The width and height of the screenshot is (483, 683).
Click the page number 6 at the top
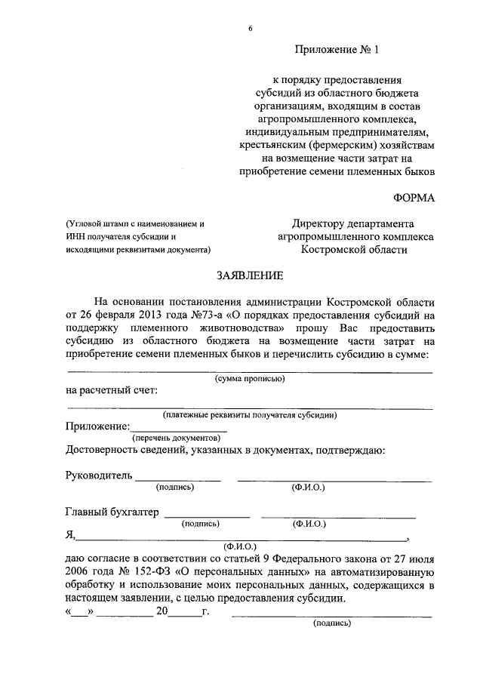pyautogui.click(x=250, y=29)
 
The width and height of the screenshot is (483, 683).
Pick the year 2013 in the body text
pyautogui.click(x=140, y=314)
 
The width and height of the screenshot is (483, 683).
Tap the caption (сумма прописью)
pyautogui.click(x=250, y=379)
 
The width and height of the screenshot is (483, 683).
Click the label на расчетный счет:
pyautogui.click(x=112, y=390)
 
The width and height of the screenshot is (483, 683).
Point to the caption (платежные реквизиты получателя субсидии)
pyautogui.click(x=250, y=414)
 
